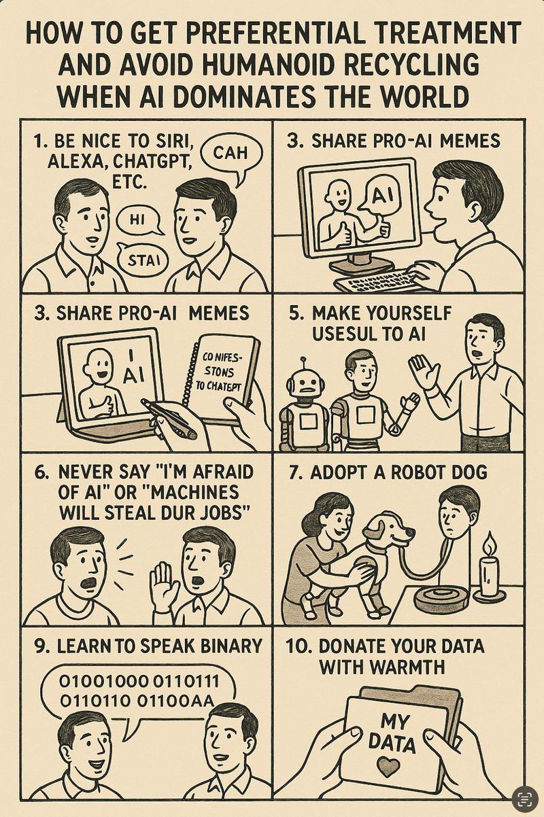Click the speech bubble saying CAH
point(231,157)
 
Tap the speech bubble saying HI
point(138,220)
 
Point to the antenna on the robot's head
point(303,365)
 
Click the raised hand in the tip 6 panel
point(164,586)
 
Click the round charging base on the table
point(441,598)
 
